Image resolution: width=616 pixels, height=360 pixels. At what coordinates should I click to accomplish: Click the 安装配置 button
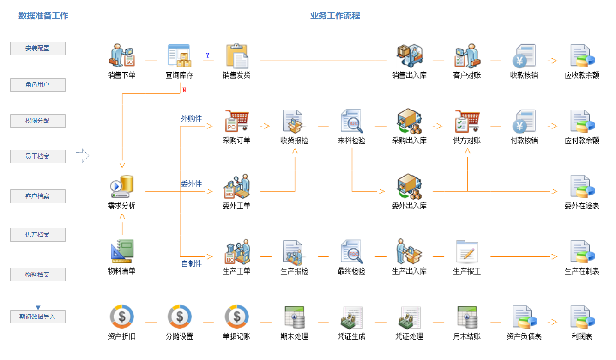38,48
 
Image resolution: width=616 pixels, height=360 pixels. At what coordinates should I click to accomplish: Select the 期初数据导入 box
38,317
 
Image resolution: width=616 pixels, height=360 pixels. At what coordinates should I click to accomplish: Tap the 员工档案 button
38,156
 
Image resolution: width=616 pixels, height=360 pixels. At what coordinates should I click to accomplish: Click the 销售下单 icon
121,56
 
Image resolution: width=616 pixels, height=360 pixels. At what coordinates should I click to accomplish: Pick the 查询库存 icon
179,56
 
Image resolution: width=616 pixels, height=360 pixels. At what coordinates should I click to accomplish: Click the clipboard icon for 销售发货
237,56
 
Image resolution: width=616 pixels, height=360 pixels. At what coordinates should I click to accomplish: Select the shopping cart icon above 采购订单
236,121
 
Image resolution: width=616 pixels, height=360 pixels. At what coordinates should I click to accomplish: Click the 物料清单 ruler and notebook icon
121,252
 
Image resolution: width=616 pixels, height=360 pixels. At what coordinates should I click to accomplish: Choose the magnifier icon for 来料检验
352,121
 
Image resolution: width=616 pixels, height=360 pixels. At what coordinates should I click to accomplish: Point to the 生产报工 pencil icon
467,252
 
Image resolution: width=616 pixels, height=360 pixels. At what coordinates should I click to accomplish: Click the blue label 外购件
192,118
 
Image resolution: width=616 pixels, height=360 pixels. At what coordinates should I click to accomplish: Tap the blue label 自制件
192,263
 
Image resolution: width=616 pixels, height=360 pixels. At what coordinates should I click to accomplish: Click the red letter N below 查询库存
184,90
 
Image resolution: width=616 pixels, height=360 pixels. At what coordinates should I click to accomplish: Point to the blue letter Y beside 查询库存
208,55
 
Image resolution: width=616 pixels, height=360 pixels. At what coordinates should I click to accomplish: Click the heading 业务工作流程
335,16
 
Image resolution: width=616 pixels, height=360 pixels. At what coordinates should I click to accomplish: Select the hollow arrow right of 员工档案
82,156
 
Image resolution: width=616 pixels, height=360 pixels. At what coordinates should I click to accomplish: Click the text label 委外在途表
582,206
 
